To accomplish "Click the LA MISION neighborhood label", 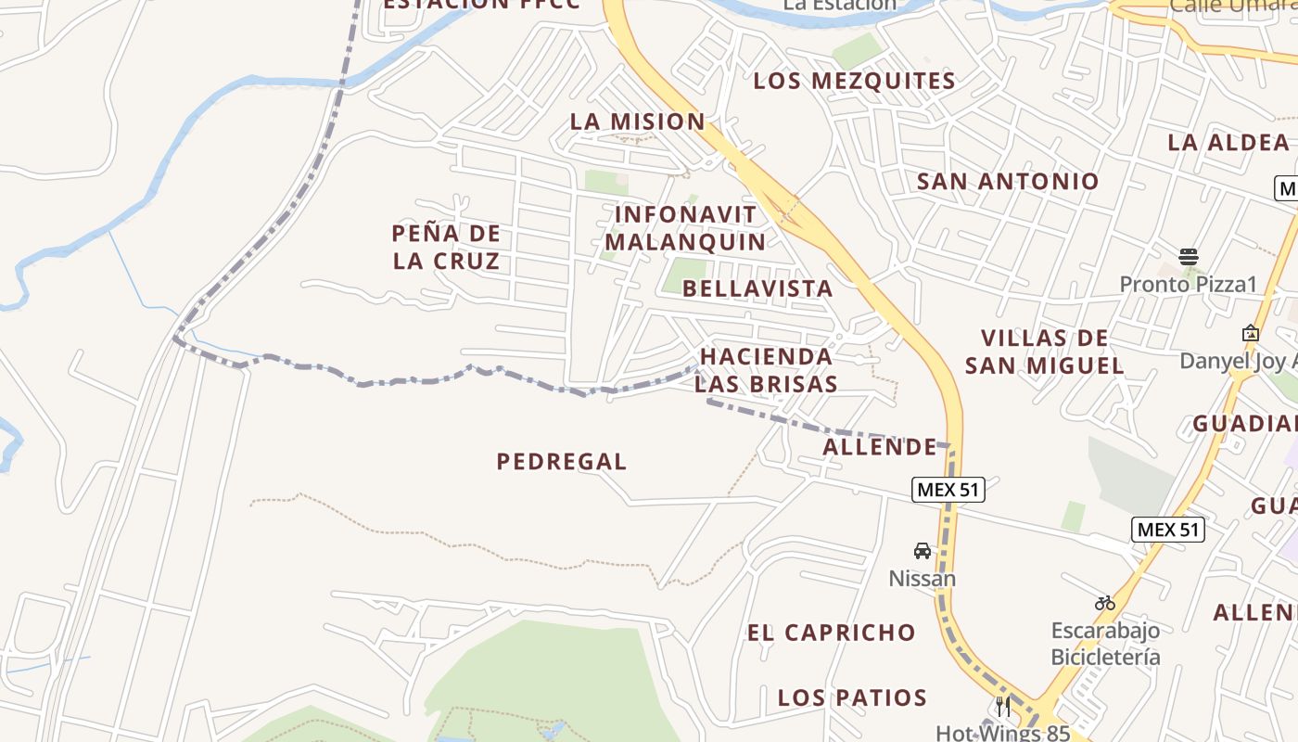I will point(637,122).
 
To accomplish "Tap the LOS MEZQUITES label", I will point(854,81).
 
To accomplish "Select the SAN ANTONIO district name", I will point(1008,181).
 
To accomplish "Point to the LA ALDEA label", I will point(1228,142).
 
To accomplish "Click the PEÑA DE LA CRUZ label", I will point(446,247).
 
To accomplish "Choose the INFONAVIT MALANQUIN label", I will point(685,228).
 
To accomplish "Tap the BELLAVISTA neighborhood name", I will point(757,288).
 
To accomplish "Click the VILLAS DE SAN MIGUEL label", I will point(1045,352).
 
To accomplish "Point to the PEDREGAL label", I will point(562,461).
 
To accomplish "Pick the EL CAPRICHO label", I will point(832,633).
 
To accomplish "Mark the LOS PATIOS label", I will point(852,697).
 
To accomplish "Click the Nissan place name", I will point(922,579).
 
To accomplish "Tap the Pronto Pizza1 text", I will point(1188,284).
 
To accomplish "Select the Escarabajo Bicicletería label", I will point(1104,644).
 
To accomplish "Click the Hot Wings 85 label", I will point(1002,733).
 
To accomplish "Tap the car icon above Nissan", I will point(923,551).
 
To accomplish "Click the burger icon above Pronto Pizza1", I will point(1189,256).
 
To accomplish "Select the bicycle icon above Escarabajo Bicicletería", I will point(1104,603).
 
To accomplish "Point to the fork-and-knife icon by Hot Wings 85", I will point(1003,707).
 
